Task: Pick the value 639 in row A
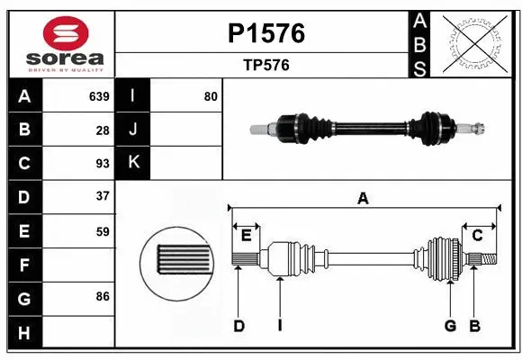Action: [98, 96]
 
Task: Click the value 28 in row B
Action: [103, 130]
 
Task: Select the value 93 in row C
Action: [102, 163]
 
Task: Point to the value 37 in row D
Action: [102, 196]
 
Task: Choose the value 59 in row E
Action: [102, 230]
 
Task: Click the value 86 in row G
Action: [102, 295]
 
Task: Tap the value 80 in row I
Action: [211, 96]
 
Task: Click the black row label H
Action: [24, 333]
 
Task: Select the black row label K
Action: [133, 163]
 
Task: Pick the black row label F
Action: [24, 265]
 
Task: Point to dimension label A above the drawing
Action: [363, 198]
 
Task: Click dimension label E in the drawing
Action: [246, 235]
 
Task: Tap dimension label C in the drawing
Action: [478, 235]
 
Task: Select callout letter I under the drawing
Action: [280, 326]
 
